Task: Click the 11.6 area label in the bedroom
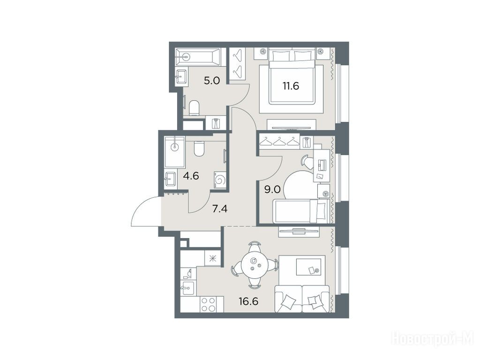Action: pos(291,86)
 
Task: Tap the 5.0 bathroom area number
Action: pos(212,81)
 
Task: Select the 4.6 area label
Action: pos(191,176)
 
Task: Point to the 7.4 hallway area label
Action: pos(219,209)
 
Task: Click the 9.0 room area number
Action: pos(272,190)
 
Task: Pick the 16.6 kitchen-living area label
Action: pos(248,301)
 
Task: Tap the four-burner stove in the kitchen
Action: pos(208,304)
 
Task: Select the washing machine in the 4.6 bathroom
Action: pos(220,179)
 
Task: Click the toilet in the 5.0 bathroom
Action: pos(194,108)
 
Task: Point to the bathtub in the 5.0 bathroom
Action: pos(198,56)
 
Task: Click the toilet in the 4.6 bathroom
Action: pos(199,149)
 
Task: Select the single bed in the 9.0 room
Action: pos(301,211)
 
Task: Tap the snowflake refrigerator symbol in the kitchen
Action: pos(212,259)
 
